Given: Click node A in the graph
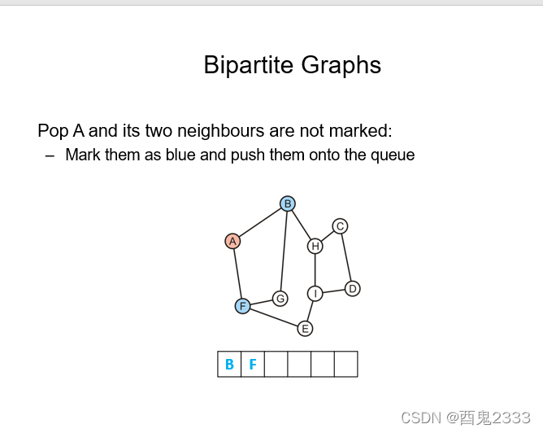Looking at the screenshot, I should (232, 241).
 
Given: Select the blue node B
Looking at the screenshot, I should (287, 203).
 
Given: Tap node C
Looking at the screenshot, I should (340, 226).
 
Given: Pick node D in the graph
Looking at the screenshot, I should (352, 289).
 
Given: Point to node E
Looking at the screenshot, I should (305, 329).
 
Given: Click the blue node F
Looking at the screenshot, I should (242, 306).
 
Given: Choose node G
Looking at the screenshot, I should (280, 299).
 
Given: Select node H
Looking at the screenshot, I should (315, 246).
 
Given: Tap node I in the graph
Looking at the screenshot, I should (315, 294).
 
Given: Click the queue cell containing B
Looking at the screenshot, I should (229, 365).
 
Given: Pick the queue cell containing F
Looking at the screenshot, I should (253, 365).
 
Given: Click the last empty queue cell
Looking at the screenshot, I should (345, 365).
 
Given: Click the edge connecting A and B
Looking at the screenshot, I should (260, 222).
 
